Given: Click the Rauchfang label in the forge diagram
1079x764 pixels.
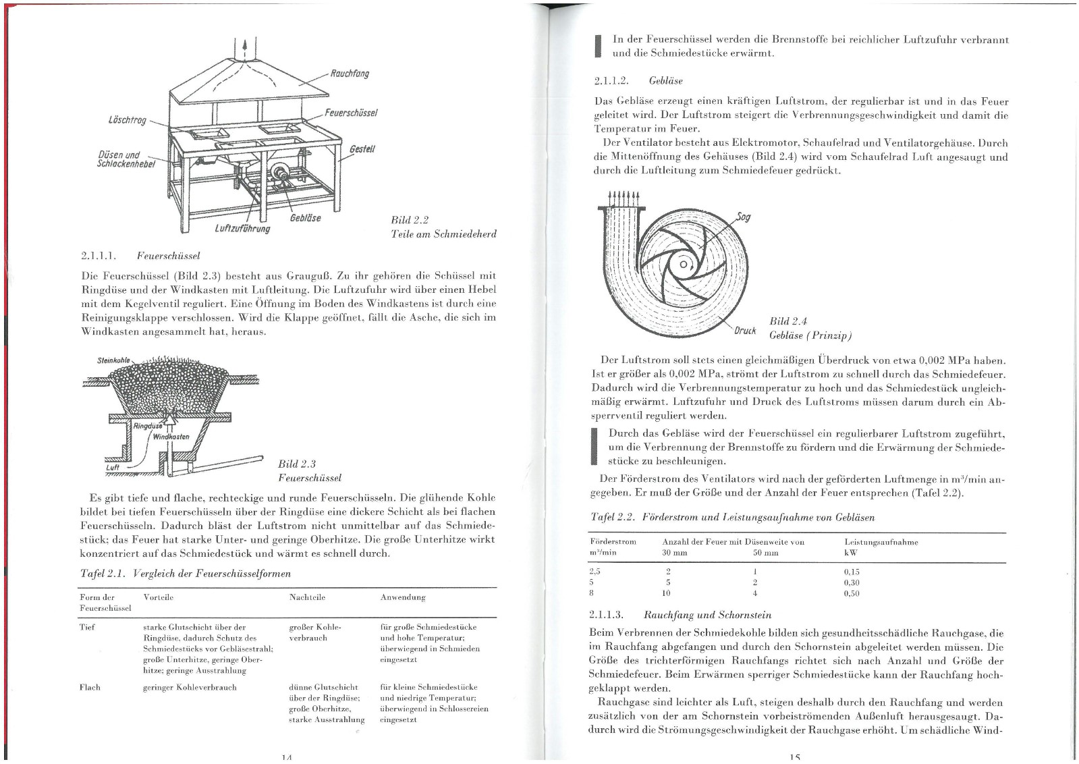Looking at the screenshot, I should (x=349, y=74).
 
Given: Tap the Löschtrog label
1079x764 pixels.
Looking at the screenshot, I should (x=128, y=120).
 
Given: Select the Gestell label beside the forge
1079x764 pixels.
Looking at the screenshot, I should (x=362, y=148).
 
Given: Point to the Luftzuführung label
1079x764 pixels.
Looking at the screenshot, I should (x=242, y=228).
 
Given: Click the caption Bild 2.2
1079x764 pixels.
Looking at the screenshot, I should (x=410, y=220).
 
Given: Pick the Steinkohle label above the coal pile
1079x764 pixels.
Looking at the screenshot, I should (x=113, y=360).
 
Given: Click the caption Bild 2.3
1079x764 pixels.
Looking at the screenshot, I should (x=297, y=464).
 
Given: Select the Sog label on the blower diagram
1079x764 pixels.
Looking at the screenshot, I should (x=743, y=217).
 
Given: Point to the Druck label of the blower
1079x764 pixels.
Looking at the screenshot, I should (x=744, y=331).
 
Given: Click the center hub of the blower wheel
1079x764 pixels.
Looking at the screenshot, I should (x=684, y=264).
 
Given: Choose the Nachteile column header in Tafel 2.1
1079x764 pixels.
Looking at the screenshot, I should (x=307, y=597).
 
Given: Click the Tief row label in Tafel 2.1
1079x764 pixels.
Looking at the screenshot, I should (x=87, y=627).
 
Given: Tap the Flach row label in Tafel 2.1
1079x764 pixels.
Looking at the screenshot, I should (x=90, y=687).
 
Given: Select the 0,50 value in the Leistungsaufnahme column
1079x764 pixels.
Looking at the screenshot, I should (x=852, y=593).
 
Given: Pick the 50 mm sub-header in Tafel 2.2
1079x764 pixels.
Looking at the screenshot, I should (x=765, y=552).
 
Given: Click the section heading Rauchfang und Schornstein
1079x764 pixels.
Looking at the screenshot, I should (x=707, y=615).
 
